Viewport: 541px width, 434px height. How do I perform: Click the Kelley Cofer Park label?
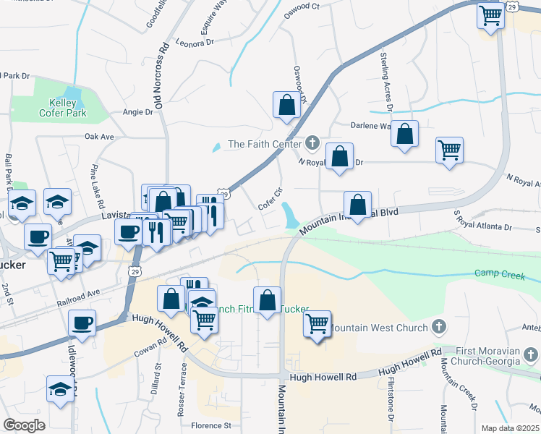pos(63,108)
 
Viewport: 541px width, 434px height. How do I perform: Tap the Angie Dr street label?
pos(138,112)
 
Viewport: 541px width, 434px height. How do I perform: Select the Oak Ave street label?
pos(99,137)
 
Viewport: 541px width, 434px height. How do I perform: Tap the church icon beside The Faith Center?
pos(312,142)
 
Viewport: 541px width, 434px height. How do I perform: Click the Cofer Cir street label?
pos(269,200)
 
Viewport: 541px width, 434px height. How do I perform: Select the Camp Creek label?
pos(495,273)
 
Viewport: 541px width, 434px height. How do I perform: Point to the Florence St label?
pos(211,426)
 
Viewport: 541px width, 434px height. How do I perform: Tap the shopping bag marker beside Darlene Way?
pos(405,135)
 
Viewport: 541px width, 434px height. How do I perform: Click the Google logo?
pos(24,425)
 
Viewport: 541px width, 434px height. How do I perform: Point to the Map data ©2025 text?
pos(509,428)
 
